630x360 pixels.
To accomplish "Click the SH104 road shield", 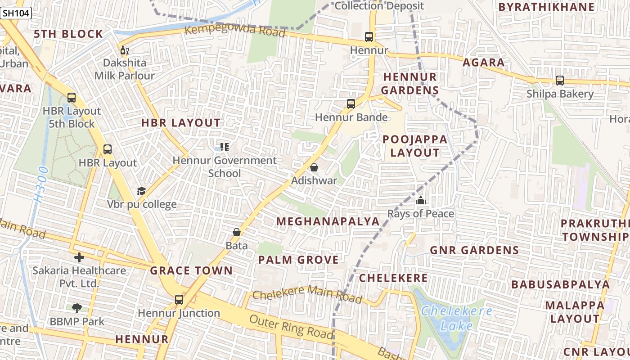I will tap(16, 13).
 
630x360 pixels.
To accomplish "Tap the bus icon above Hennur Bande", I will tap(351, 104).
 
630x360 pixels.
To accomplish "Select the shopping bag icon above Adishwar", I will tap(314, 167).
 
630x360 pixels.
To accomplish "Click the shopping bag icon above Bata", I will tap(237, 232).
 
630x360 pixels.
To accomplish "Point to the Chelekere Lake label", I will tap(456, 318).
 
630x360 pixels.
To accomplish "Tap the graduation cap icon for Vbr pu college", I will tap(142, 191).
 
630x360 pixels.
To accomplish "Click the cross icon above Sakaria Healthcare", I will tap(79, 257).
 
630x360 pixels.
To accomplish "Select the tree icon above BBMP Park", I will tap(77, 308).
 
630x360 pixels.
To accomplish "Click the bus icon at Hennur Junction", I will tap(179, 299).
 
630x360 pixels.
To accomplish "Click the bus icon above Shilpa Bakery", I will tap(560, 81).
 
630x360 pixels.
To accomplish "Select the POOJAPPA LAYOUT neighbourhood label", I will tap(415, 146).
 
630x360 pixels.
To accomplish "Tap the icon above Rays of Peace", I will tap(421, 200).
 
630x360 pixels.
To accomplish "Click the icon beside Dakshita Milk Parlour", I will tap(124, 50).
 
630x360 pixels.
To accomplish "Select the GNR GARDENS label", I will tap(474, 250).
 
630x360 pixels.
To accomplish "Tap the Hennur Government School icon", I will tap(225, 147).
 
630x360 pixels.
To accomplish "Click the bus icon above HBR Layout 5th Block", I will tap(72, 97).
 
